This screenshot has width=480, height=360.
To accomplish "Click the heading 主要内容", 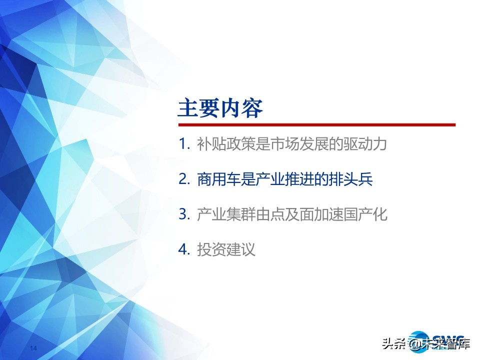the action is [x=220, y=108].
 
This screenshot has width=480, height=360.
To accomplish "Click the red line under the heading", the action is [x=317, y=125].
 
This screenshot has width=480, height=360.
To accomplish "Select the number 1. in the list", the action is [x=184, y=144].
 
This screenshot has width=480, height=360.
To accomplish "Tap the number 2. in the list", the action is [x=184, y=179].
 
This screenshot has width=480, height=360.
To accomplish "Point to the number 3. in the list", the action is [x=184, y=214].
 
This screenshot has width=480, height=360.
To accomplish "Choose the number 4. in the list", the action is [x=184, y=249].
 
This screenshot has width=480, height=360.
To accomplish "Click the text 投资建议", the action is [x=226, y=249].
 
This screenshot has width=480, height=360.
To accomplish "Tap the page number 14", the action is [x=33, y=348].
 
